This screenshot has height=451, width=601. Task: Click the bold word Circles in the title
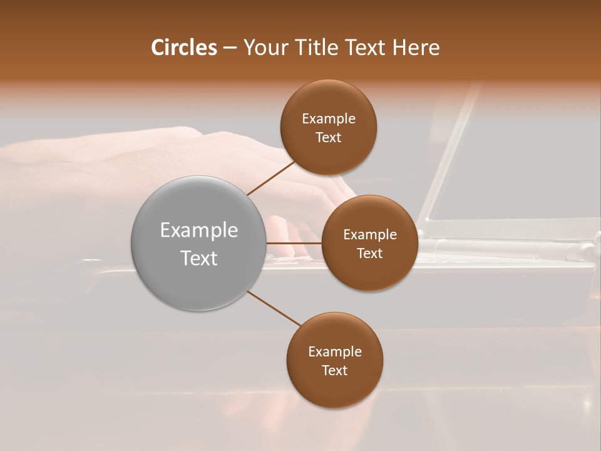point(184,48)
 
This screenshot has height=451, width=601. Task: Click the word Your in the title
point(265,48)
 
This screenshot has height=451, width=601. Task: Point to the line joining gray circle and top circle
point(272,178)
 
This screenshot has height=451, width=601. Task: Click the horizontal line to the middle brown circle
point(294,243)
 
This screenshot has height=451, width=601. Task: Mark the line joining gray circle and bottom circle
point(274,308)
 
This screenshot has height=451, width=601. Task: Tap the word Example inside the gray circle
point(199,231)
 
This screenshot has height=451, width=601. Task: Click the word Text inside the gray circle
point(199,258)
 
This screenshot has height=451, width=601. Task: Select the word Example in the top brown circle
point(329,119)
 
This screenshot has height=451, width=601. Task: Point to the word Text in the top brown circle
point(329,138)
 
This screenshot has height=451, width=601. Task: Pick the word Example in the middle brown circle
point(370,235)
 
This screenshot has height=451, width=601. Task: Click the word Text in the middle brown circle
point(370,254)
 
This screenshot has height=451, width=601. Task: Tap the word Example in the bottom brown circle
point(335,352)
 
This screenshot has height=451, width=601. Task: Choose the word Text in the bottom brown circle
point(335,371)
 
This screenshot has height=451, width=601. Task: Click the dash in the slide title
point(230,48)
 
